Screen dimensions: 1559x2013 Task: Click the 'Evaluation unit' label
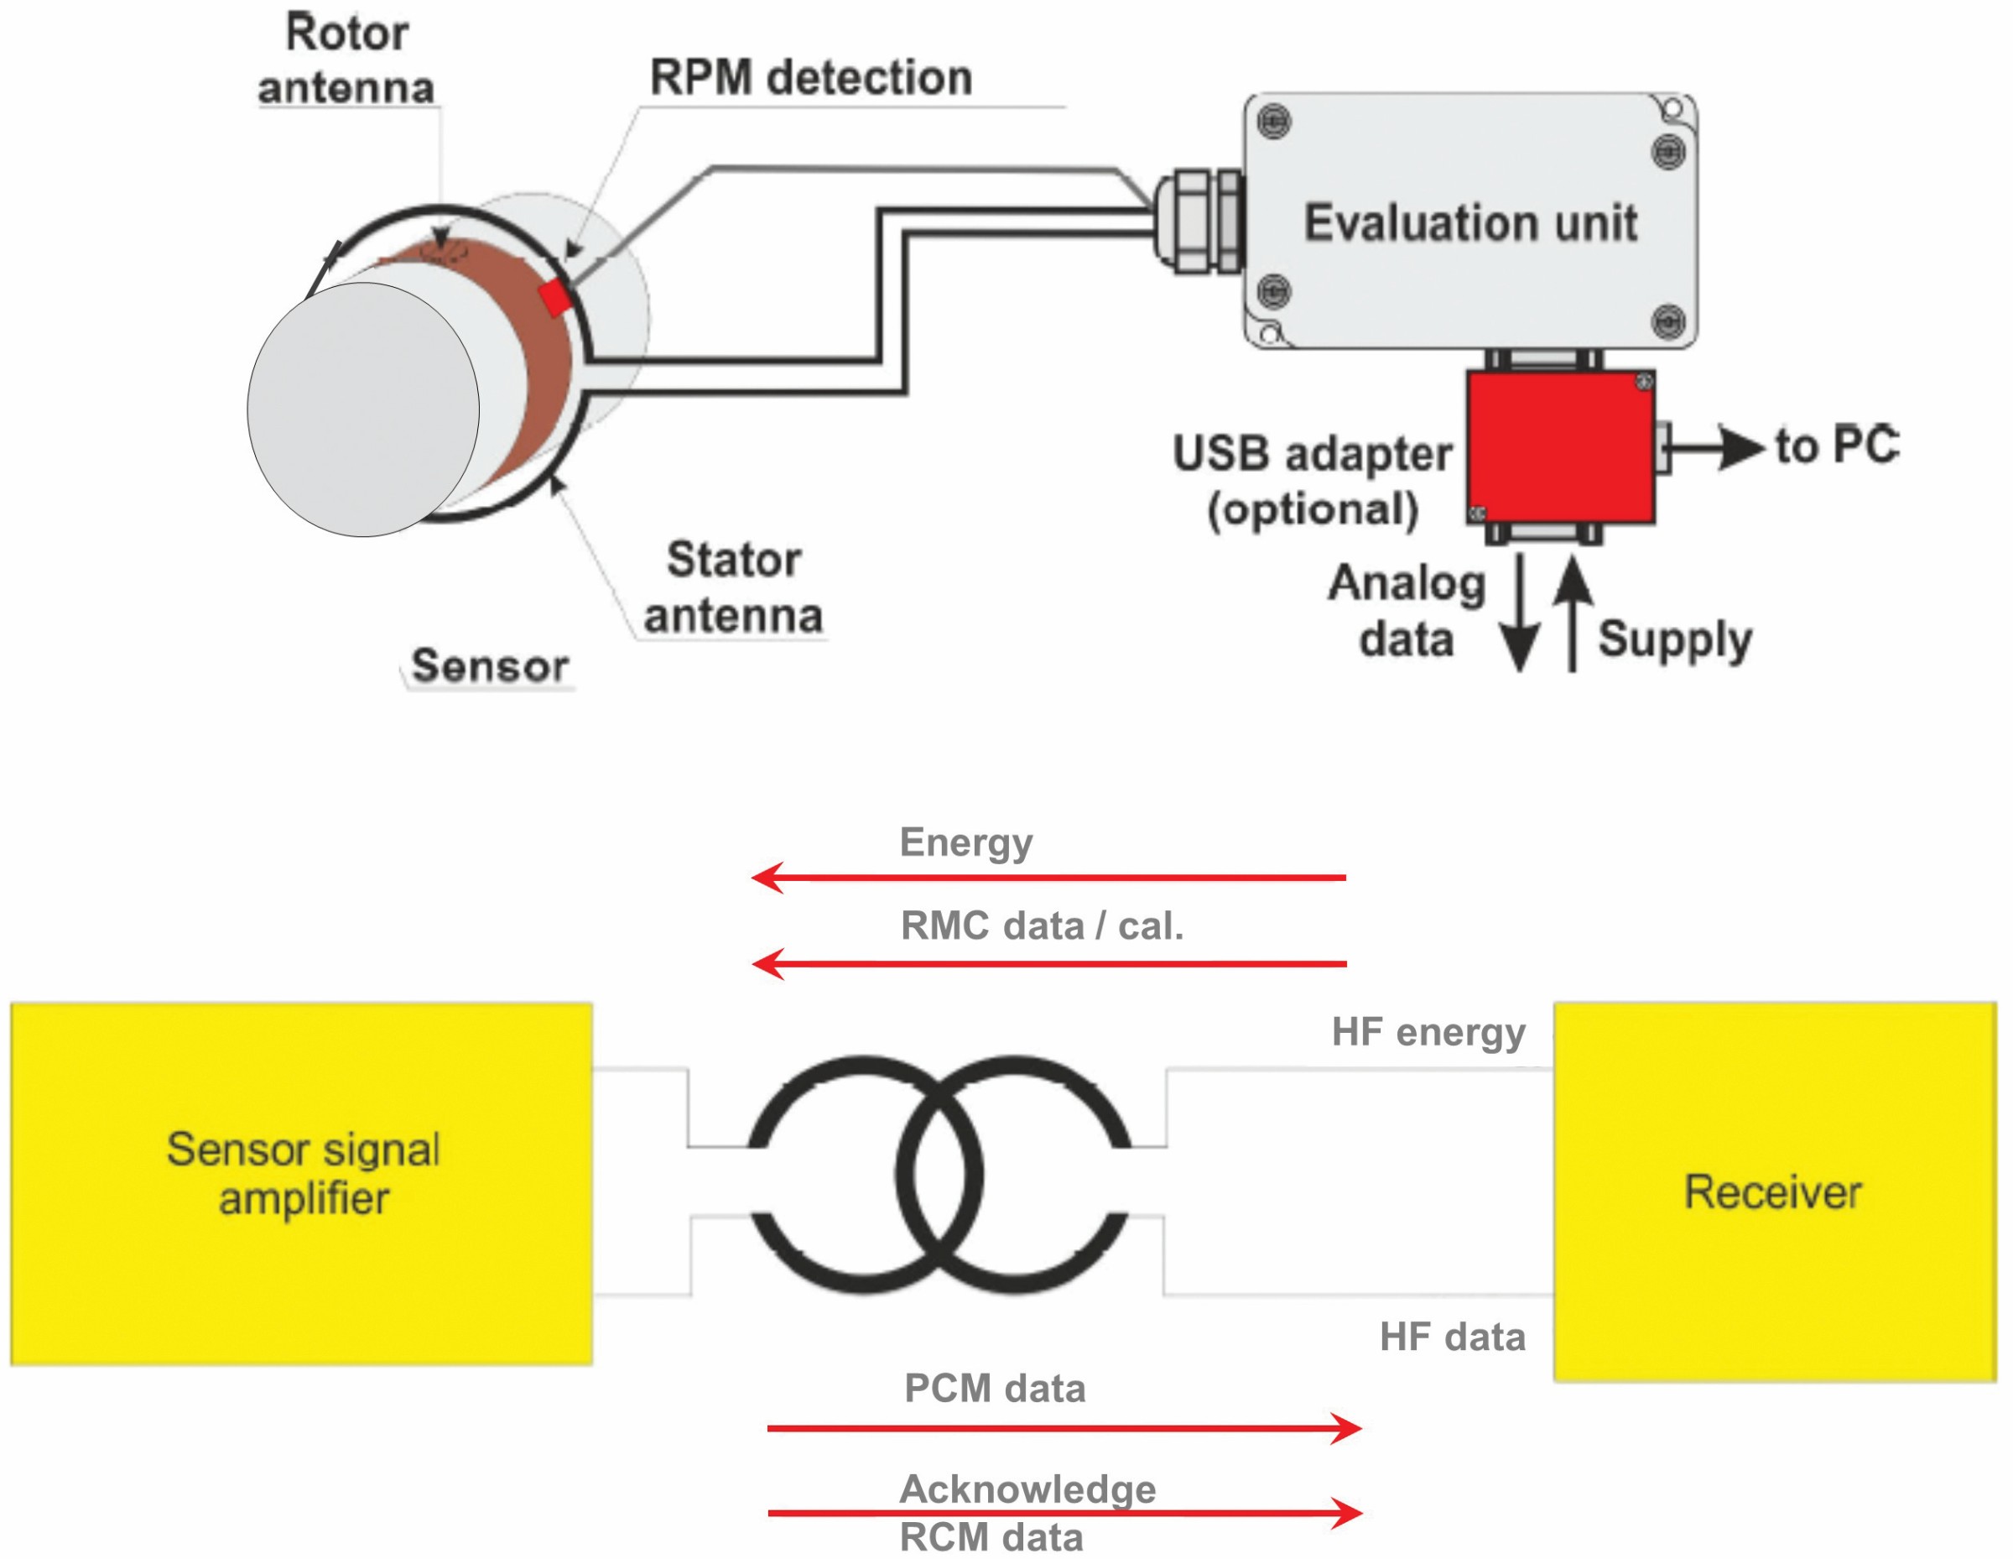[1469, 223]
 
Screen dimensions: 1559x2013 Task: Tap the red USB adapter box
[1559, 447]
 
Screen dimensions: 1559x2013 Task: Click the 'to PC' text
[1836, 446]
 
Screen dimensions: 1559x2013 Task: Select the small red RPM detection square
[555, 299]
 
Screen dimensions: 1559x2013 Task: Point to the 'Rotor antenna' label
[346, 60]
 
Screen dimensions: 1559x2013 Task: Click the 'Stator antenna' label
[733, 587]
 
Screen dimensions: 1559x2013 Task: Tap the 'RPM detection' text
[810, 77]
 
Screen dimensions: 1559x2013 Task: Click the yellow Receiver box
[1773, 1191]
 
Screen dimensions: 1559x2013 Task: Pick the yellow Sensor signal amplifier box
[301, 1183]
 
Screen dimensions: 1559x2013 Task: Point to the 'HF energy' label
[1428, 1033]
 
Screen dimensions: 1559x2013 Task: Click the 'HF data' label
[1452, 1337]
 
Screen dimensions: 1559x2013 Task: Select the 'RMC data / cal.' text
[1042, 925]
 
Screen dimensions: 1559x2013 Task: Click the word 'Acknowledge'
[1027, 1488]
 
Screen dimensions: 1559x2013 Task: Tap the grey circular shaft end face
[363, 409]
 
